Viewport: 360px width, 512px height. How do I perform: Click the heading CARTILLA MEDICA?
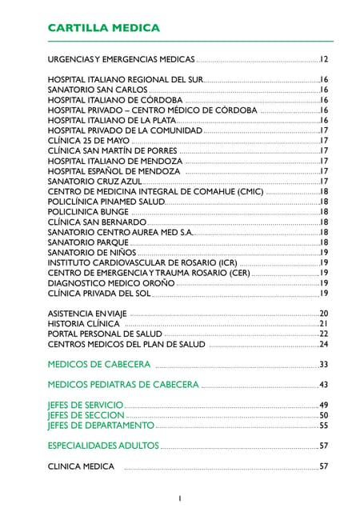pyautogui.click(x=104, y=28)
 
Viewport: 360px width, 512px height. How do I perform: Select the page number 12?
pyautogui.click(x=324, y=59)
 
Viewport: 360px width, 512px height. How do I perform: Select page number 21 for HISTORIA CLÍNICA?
pyautogui.click(x=324, y=324)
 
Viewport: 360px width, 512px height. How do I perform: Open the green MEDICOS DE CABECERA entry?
pyautogui.click(x=99, y=365)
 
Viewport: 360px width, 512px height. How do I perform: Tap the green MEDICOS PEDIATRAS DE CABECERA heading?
pyautogui.click(x=123, y=385)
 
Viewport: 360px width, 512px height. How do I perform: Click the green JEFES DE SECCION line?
pyautogui.click(x=86, y=416)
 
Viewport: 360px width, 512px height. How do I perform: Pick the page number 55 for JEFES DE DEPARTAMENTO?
pyautogui.click(x=324, y=426)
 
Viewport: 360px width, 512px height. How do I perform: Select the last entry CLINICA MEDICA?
pyautogui.click(x=81, y=466)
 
